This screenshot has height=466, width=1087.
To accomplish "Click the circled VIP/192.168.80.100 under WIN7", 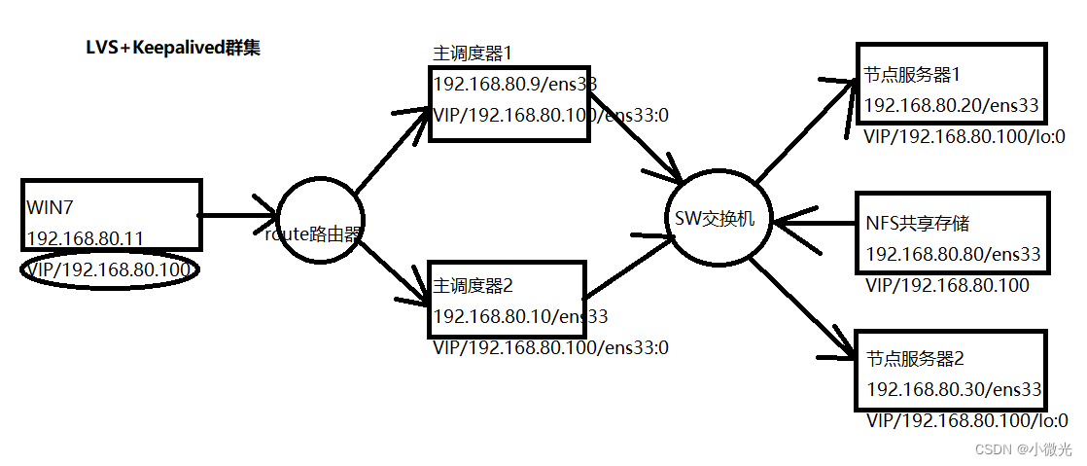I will pyautogui.click(x=109, y=269).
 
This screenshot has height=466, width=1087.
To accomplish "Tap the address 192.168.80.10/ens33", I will pyautogui.click(x=520, y=316).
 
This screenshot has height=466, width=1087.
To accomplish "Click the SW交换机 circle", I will pyautogui.click(x=720, y=221).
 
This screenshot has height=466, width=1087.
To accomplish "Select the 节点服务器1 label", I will pyautogui.click(x=904, y=74).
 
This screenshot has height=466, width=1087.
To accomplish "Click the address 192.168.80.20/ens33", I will pyautogui.click(x=952, y=105).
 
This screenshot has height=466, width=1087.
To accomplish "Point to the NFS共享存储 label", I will pyautogui.click(x=917, y=224).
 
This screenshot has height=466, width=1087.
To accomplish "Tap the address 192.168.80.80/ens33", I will pyautogui.click(x=953, y=254).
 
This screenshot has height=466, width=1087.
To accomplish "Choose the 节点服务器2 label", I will pyautogui.click(x=914, y=358).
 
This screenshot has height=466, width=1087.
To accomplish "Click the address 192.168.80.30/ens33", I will pyautogui.click(x=953, y=389).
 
